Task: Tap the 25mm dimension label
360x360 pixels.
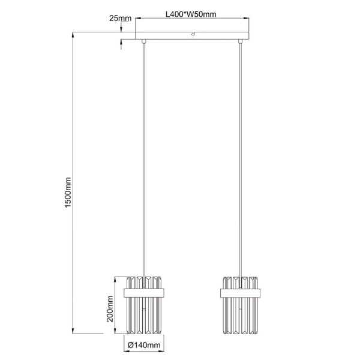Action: point(120,18)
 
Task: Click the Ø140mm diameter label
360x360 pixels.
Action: point(145,344)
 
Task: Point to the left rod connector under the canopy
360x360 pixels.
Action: point(144,41)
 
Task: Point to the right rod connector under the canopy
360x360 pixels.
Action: point(241,41)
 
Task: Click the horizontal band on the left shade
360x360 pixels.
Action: point(145,292)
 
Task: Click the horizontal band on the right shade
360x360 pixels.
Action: point(241,292)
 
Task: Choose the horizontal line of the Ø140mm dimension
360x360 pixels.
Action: point(145,337)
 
